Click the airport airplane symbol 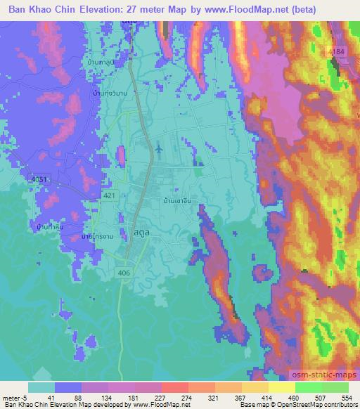[158, 148]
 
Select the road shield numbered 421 [110, 195]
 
